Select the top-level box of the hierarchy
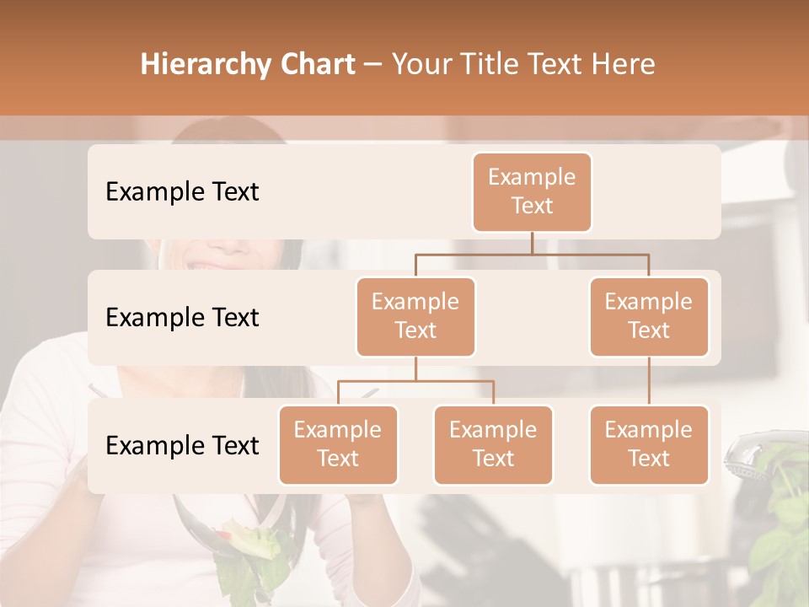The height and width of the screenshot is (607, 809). pyautogui.click(x=532, y=191)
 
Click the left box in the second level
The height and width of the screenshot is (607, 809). pyautogui.click(x=415, y=316)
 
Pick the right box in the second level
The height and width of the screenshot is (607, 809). pyautogui.click(x=649, y=316)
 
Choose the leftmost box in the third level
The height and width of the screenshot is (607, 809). pyautogui.click(x=338, y=444)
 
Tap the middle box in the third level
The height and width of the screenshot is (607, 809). pyautogui.click(x=493, y=444)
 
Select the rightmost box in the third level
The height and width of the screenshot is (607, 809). pyautogui.click(x=649, y=444)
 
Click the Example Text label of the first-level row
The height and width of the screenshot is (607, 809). pyautogui.click(x=182, y=191)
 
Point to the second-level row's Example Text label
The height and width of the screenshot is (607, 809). pyautogui.click(x=182, y=317)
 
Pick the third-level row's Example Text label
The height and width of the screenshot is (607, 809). pyautogui.click(x=182, y=445)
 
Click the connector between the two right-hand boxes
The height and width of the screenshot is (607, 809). pyautogui.click(x=649, y=381)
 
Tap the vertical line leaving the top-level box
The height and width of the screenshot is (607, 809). pyautogui.click(x=532, y=243)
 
